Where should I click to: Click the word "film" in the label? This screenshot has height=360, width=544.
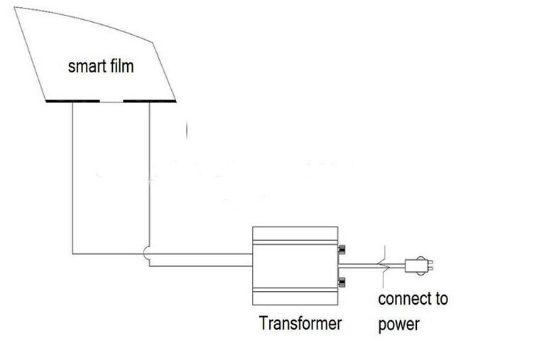click(x=121, y=67)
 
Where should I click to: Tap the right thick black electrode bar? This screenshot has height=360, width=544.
click(x=149, y=101)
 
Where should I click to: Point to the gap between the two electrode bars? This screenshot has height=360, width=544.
click(x=111, y=101)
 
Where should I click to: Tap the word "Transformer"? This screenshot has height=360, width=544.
click(x=300, y=324)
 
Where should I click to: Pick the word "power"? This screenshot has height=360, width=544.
click(x=398, y=324)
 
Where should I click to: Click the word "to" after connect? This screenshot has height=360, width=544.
click(x=441, y=298)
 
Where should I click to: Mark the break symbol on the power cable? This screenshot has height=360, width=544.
click(x=383, y=264)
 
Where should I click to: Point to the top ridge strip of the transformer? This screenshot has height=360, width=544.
click(x=294, y=232)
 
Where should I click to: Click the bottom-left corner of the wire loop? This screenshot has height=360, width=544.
click(x=72, y=253)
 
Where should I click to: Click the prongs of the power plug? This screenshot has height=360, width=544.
click(x=429, y=266)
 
